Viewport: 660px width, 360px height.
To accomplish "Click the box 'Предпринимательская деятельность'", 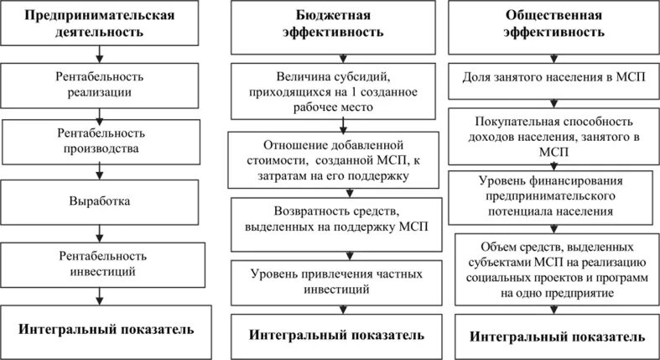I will click(101, 24).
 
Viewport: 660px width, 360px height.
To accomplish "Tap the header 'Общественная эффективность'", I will click(553, 24).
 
